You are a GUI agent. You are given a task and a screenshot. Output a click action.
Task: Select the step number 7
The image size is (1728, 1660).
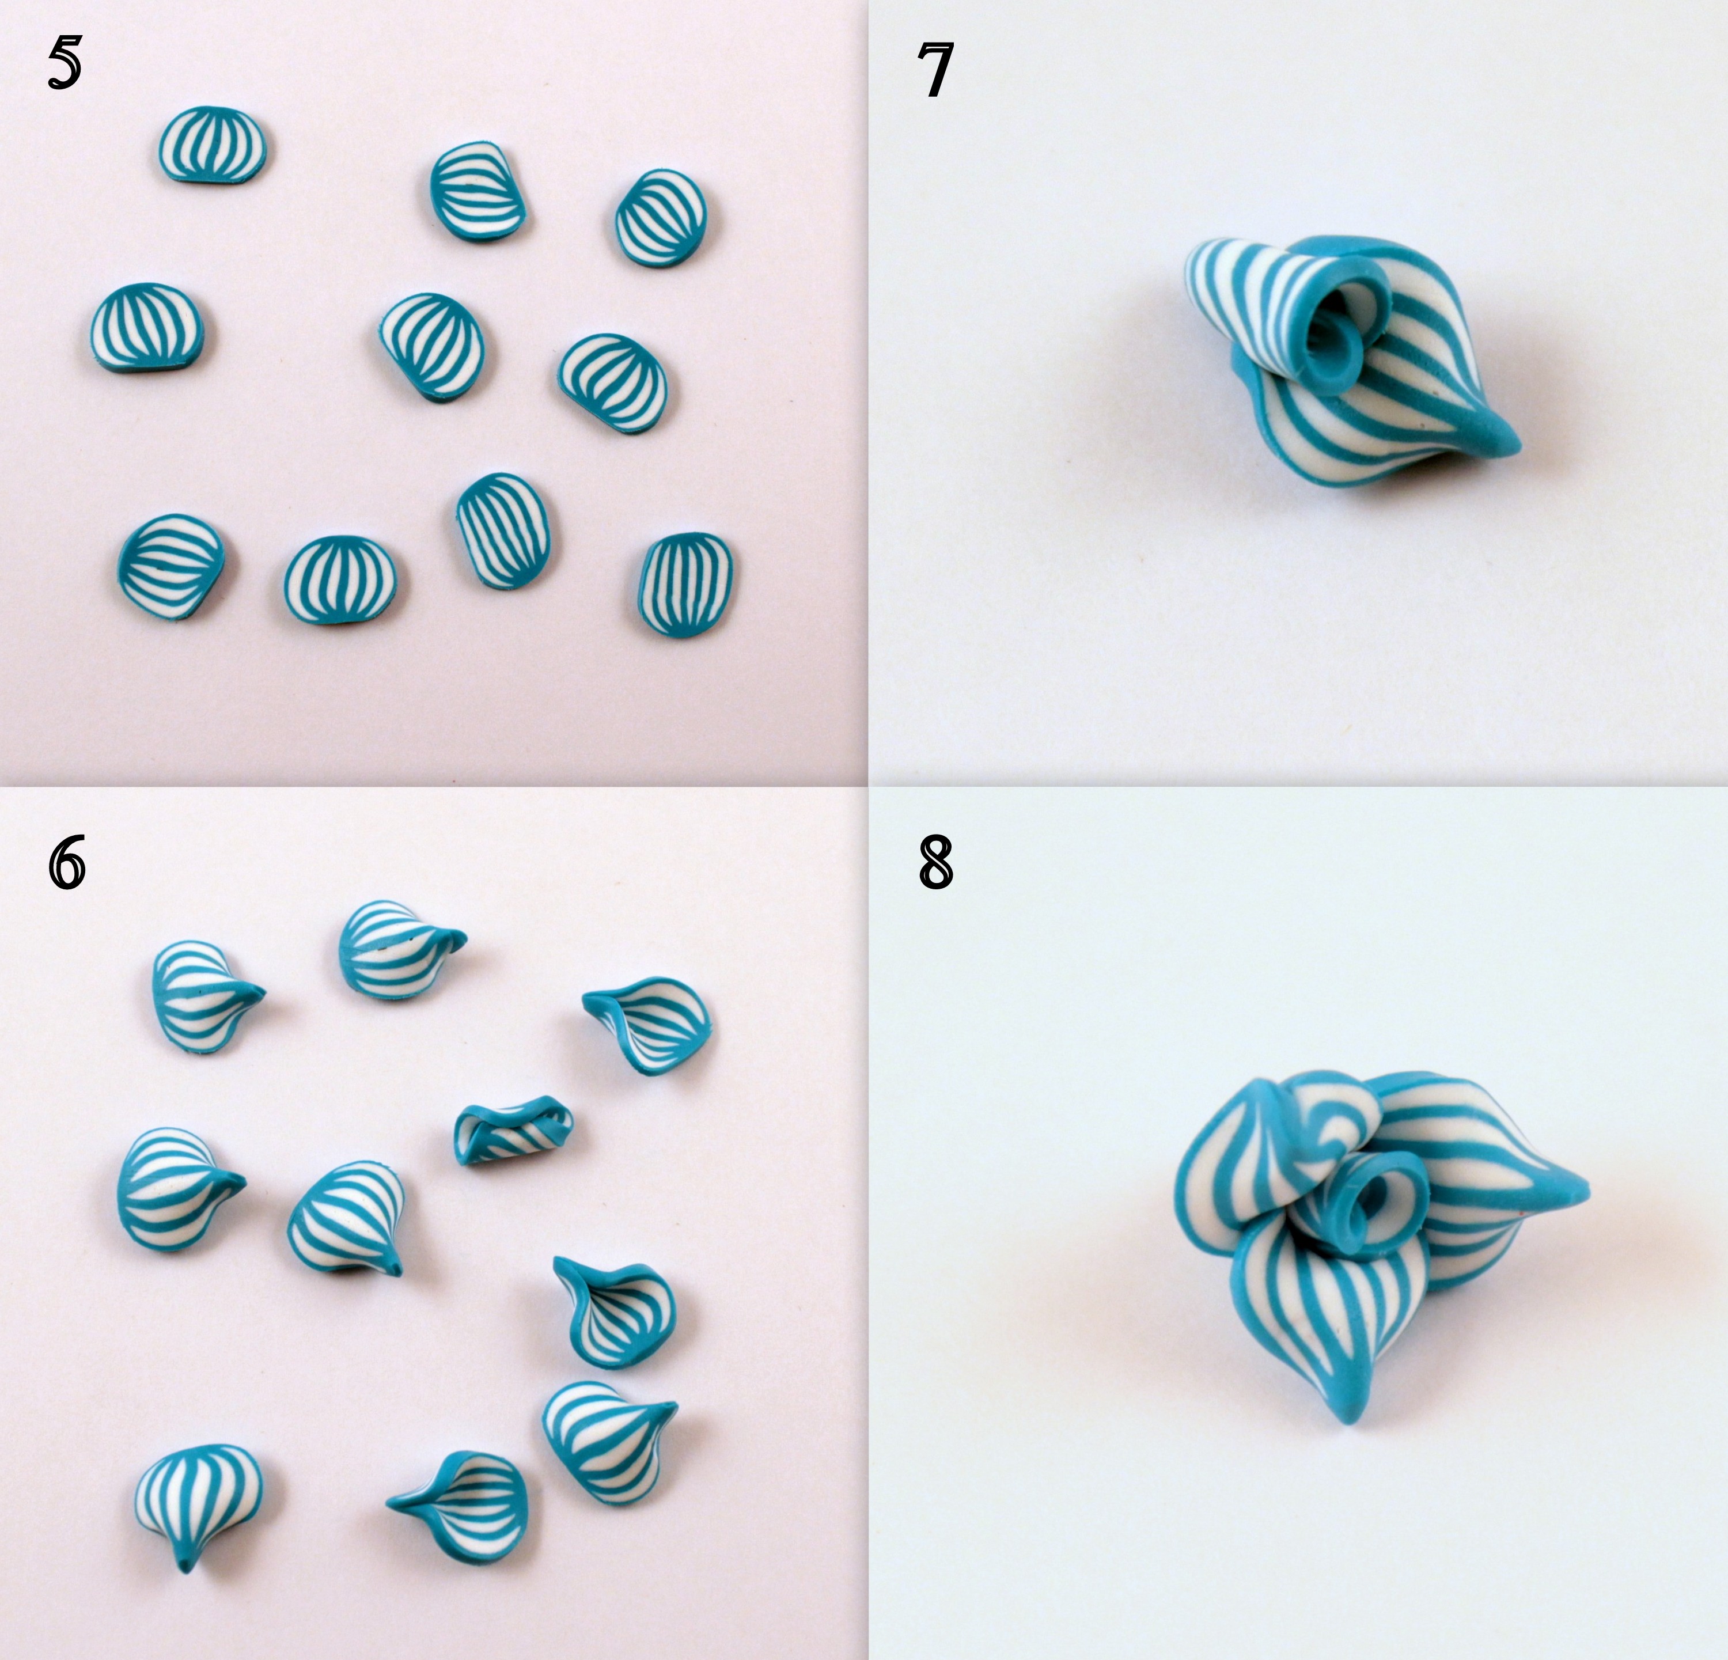934,70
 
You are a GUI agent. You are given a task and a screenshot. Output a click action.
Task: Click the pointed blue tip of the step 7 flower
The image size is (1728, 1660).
1507,441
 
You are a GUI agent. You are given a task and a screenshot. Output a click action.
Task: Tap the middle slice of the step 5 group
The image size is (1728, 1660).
433,347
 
